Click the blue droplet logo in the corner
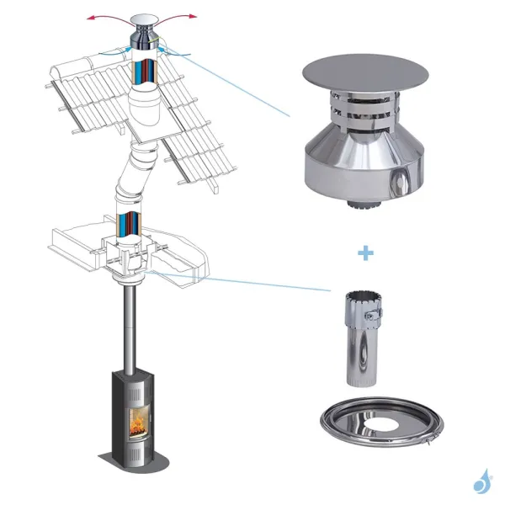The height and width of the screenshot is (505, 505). coord(482,481)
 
